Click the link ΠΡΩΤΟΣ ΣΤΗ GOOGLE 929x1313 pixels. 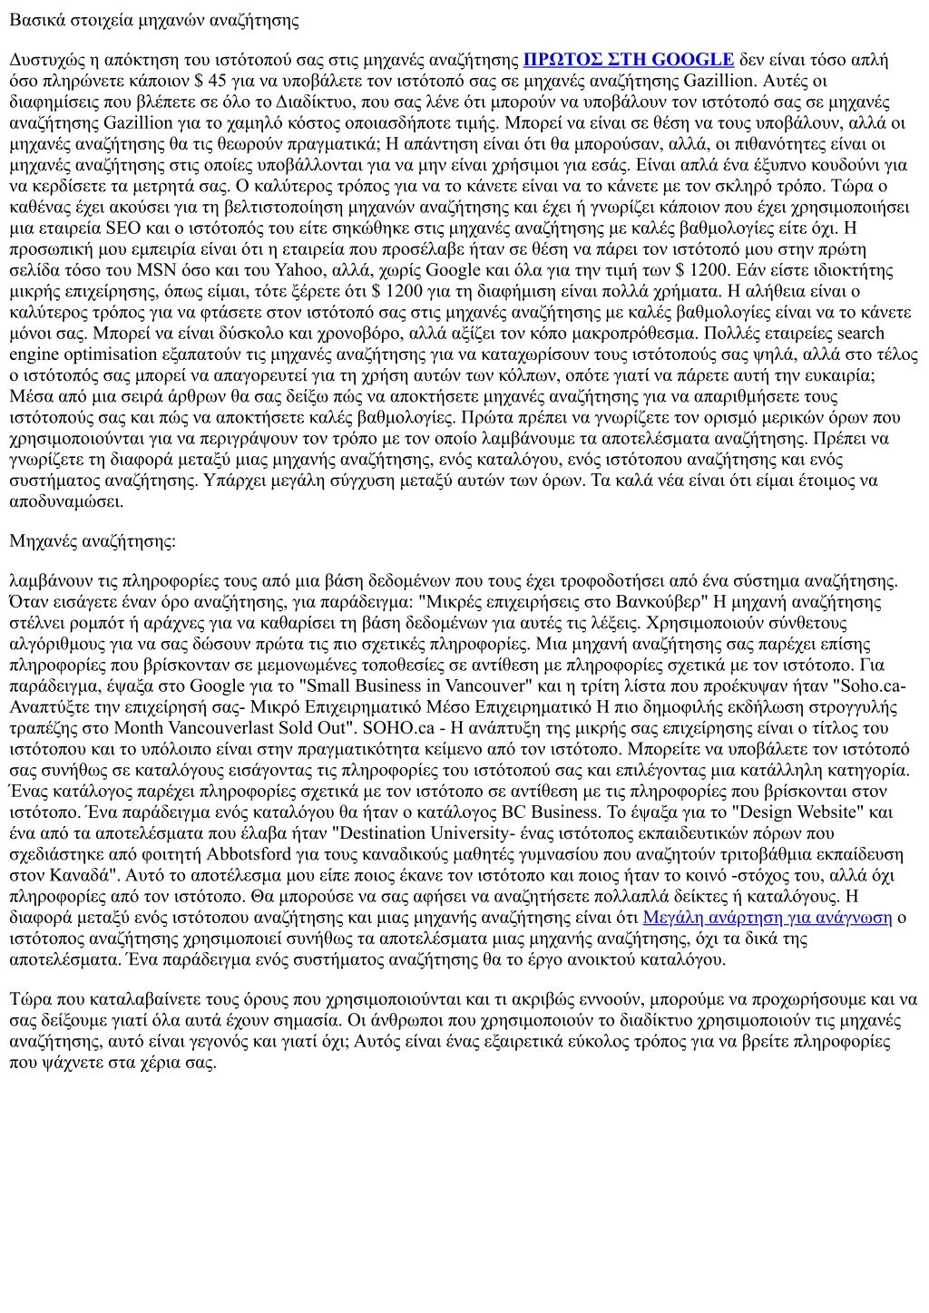pyautogui.click(x=629, y=60)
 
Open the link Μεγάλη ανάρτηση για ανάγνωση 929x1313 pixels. pyautogui.click(x=767, y=918)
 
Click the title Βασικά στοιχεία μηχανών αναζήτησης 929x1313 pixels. pyautogui.click(x=154, y=19)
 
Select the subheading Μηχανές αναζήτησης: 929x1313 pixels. pyautogui.click(x=93, y=541)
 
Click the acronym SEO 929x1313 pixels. pyautogui.click(x=122, y=228)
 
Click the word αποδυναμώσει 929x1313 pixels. pyautogui.click(x=65, y=501)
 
